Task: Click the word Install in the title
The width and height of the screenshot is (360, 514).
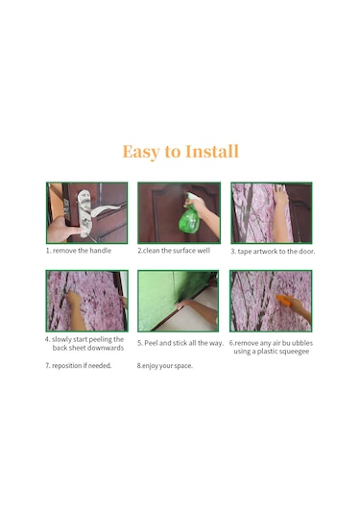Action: tap(212, 152)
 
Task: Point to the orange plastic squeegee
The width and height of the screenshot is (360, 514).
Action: tap(283, 299)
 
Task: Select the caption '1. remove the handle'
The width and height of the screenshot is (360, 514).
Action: tap(79, 251)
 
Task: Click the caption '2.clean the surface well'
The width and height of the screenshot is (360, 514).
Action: tap(174, 251)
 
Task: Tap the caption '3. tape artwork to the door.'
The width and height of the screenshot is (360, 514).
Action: tap(273, 252)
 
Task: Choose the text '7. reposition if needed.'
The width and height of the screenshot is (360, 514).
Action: tap(79, 365)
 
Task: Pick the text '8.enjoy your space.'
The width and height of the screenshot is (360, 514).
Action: tap(165, 365)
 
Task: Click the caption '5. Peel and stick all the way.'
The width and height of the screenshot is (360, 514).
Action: tap(180, 343)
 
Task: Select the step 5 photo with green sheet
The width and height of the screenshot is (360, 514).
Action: tap(179, 301)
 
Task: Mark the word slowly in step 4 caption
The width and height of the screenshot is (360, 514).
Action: tap(61, 339)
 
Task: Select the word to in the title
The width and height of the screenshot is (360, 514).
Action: tap(173, 152)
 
